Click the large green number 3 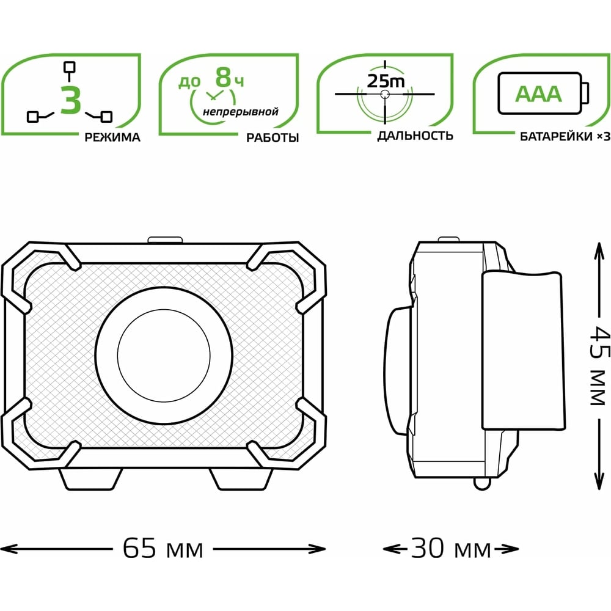click(71, 100)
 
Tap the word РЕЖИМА click(112, 137)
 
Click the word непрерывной click(240, 112)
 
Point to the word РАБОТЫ click(273, 137)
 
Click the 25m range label click(386, 81)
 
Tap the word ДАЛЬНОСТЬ click(415, 136)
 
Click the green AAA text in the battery click(538, 94)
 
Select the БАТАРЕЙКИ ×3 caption click(565, 137)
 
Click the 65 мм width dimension click(163, 549)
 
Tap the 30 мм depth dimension click(451, 549)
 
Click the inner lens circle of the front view click(164, 356)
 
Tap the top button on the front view click(165, 240)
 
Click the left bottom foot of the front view click(91, 479)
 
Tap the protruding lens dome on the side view click(398, 370)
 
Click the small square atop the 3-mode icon click(70, 67)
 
